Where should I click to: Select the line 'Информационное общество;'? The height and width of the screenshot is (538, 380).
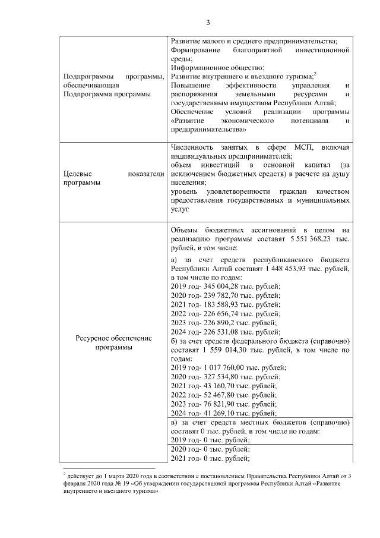(209, 68)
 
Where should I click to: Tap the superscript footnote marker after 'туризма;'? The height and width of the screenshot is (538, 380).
(315, 74)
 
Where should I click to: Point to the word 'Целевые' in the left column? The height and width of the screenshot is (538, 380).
(77, 174)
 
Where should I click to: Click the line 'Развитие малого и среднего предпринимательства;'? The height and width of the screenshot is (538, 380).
(254, 41)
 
